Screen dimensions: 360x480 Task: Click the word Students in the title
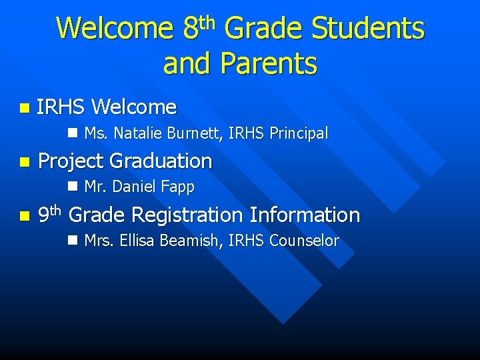368,29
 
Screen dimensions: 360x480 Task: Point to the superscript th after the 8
208,23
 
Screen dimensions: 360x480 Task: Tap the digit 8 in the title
189,29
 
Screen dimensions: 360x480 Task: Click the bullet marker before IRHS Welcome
25,107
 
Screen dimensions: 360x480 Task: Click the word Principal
299,133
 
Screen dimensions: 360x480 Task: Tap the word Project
71,161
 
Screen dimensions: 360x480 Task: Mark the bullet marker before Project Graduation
25,162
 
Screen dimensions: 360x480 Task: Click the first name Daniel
137,187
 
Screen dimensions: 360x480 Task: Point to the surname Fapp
178,188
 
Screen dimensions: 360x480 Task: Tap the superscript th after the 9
55,210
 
